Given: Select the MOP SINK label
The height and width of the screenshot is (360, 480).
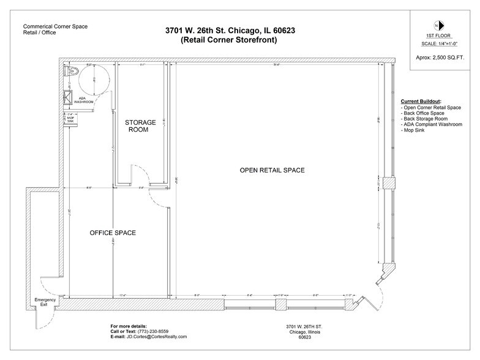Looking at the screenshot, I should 70,119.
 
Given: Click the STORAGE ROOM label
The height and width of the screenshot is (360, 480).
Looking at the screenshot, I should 140,126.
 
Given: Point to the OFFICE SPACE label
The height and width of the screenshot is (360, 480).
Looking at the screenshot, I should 113,233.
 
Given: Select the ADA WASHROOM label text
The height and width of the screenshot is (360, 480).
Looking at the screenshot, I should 84,101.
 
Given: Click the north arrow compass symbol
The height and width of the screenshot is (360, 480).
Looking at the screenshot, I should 435,26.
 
